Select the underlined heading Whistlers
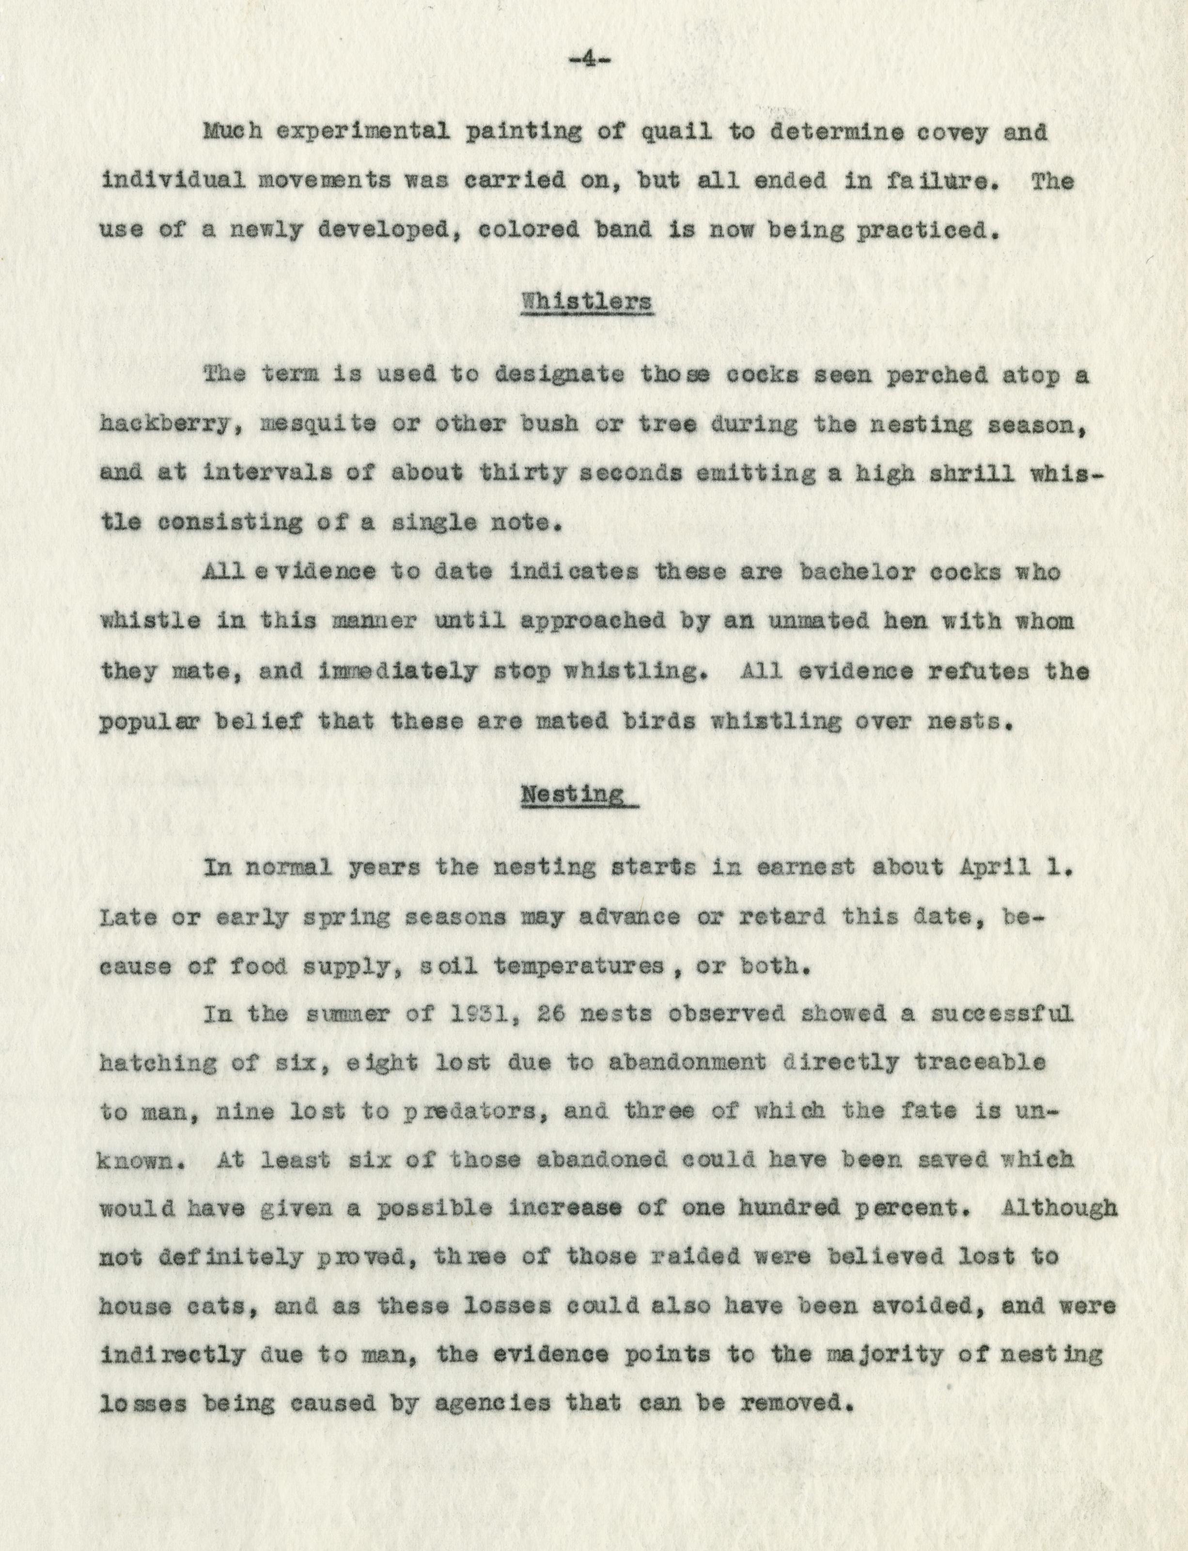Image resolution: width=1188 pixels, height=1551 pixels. coord(586,302)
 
